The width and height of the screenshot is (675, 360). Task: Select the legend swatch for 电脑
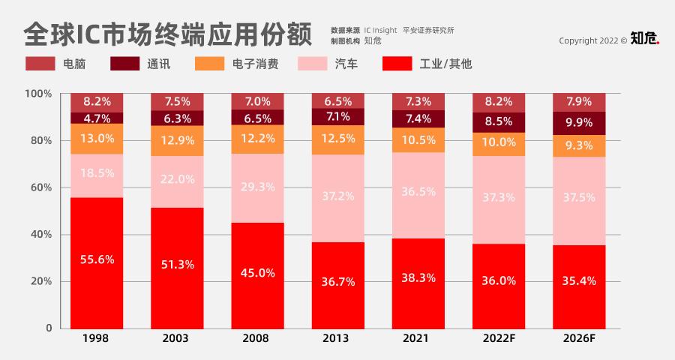(40, 64)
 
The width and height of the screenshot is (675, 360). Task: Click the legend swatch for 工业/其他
(397, 64)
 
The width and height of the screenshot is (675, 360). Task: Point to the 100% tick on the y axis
(38, 94)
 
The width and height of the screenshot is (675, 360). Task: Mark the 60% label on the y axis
(40, 187)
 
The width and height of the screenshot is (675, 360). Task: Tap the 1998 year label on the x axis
(97, 339)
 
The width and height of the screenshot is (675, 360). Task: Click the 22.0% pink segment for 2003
(177, 181)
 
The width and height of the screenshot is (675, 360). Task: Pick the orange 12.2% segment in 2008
(257, 139)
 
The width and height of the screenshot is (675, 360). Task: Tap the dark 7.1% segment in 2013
(337, 116)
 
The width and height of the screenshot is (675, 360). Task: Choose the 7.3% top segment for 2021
(418, 101)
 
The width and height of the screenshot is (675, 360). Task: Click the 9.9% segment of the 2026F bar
(578, 123)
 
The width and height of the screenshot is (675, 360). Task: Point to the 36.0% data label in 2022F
(499, 281)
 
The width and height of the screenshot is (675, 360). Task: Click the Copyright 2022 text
(593, 40)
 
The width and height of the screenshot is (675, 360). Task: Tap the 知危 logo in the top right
(644, 38)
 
